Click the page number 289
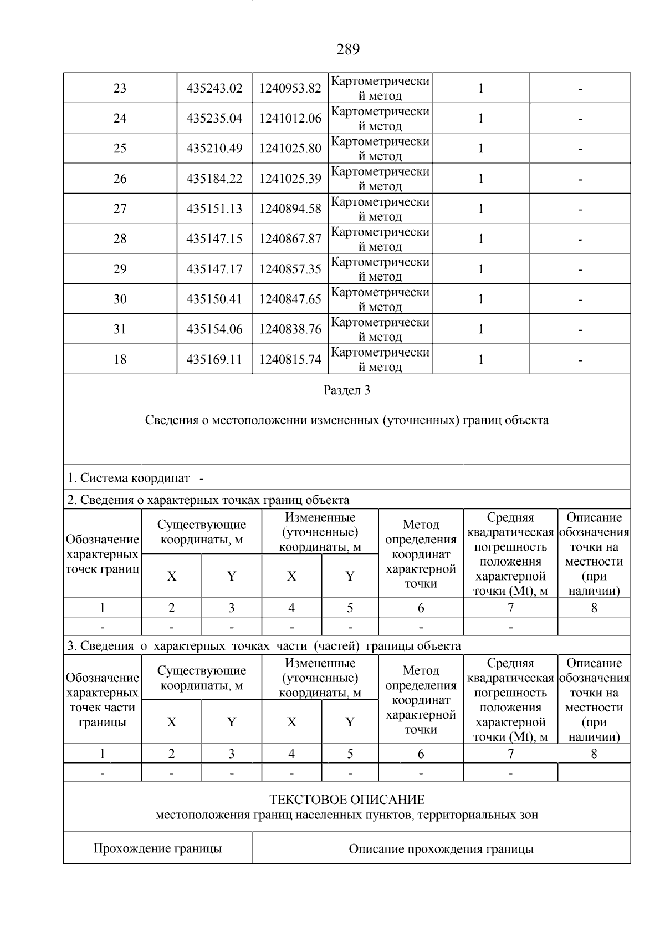(x=347, y=50)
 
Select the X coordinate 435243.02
(x=214, y=89)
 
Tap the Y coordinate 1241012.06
(x=290, y=119)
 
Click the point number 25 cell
(x=120, y=149)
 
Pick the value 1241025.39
(x=290, y=179)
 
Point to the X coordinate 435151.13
(x=214, y=209)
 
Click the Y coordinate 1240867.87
(x=290, y=239)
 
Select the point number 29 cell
(x=120, y=269)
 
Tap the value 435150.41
(x=214, y=299)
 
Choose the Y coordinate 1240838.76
(x=290, y=329)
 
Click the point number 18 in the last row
(x=120, y=359)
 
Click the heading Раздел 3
(x=346, y=390)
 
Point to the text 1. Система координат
(x=129, y=478)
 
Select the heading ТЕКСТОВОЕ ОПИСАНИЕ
(x=346, y=800)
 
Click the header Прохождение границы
(x=157, y=848)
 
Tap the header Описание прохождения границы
(x=441, y=849)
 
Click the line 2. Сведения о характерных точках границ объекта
(x=208, y=500)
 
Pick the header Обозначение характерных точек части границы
(x=103, y=700)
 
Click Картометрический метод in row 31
(x=380, y=329)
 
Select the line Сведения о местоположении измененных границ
(x=346, y=420)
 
